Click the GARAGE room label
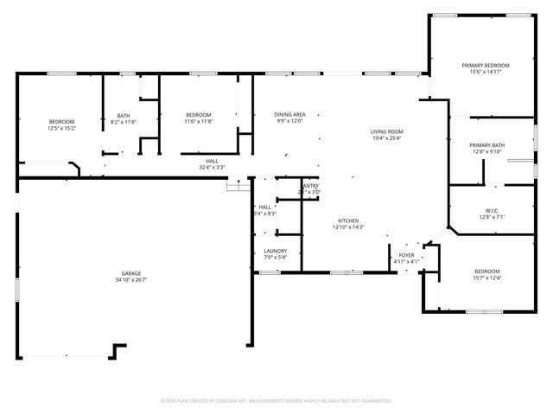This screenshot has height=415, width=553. pos(131,273)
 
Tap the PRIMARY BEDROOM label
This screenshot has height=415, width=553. pos(485,66)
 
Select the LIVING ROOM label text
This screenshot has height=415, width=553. pos(387,131)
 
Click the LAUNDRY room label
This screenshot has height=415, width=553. pos(275,251)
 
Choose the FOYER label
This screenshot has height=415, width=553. pos(406,255)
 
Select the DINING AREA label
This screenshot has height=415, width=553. pos(289,115)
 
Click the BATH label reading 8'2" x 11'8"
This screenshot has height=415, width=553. pos(124,116)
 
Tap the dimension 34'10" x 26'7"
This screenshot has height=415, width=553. pos(131,280)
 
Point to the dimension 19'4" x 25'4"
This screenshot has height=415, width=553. pos(387,138)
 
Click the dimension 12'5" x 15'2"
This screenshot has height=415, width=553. pos(61,128)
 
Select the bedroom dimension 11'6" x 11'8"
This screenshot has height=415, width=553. pos(198,122)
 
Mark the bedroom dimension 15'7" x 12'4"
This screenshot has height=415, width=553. pos(487,278)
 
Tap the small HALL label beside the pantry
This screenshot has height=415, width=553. pos(265,207)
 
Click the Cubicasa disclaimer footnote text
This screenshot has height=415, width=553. pos(276,400)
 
